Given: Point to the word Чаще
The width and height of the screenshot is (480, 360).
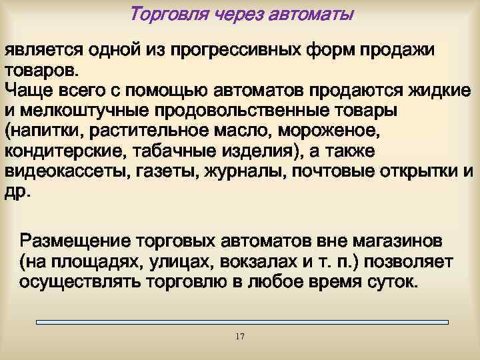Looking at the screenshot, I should click(27, 89).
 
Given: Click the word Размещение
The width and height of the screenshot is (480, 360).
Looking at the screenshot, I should click(73, 239).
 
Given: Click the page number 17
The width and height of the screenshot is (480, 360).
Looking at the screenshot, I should click(240, 336).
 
